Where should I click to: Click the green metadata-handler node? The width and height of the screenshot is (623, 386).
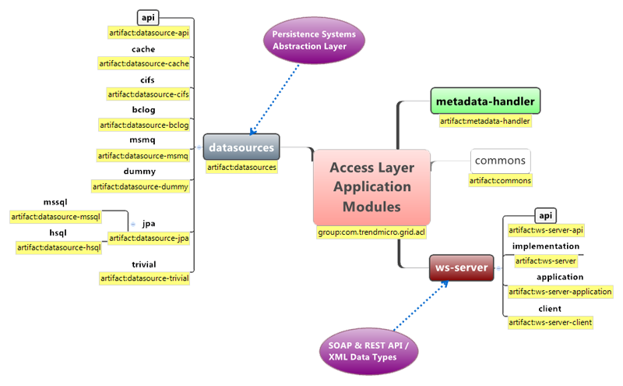pyautogui.click(x=486, y=101)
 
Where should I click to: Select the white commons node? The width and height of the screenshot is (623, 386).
pyautogui.click(x=500, y=161)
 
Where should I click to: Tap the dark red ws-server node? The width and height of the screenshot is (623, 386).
pyautogui.click(x=461, y=268)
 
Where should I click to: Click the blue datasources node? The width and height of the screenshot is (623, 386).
pyautogui.click(x=241, y=147)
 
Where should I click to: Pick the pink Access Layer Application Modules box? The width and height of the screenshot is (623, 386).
pyautogui.click(x=371, y=187)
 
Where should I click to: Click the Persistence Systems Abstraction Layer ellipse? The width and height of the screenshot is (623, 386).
pyautogui.click(x=313, y=39)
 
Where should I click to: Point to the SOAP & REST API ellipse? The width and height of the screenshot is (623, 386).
pyautogui.click(x=368, y=350)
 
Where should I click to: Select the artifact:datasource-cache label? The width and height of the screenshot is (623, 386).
pyautogui.click(x=144, y=63)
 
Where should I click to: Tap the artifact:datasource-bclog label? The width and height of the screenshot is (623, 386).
pyautogui.click(x=145, y=125)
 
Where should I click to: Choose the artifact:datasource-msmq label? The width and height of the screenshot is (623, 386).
pyautogui.click(x=143, y=156)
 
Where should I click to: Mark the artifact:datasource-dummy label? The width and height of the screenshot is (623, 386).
pyautogui.click(x=141, y=186)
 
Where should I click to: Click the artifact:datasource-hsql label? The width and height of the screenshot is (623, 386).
pyautogui.click(x=59, y=248)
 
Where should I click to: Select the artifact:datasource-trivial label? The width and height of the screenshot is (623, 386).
pyautogui.click(x=145, y=278)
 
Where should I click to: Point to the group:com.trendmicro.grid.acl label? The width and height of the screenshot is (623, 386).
pyautogui.click(x=371, y=232)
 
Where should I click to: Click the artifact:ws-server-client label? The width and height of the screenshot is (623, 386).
pyautogui.click(x=550, y=322)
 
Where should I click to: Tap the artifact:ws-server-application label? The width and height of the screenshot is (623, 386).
pyautogui.click(x=560, y=292)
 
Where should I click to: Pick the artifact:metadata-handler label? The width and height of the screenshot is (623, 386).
pyautogui.click(x=485, y=121)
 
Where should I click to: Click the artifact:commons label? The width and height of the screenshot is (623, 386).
pyautogui.click(x=501, y=181)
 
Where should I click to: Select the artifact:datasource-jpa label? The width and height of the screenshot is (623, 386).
pyautogui.click(x=150, y=239)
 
